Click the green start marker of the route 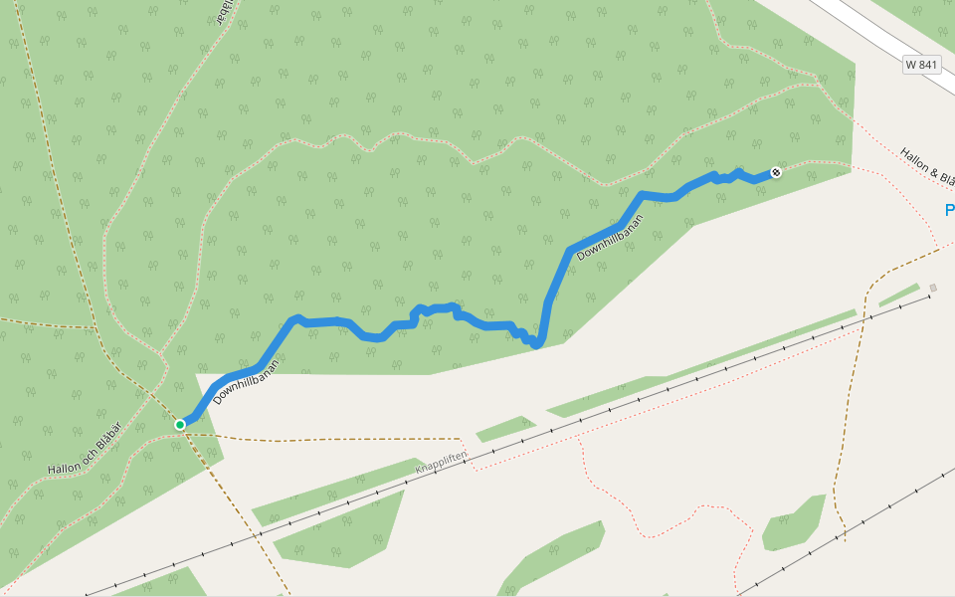180,425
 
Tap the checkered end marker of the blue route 776,173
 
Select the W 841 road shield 922,65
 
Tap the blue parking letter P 949,210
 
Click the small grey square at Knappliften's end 933,289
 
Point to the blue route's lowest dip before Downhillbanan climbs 537,344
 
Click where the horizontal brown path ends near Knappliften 462,439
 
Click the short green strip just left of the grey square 898,295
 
